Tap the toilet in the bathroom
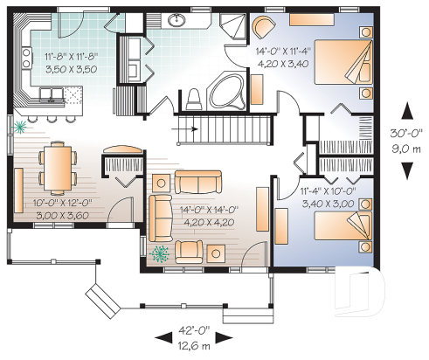pos(195,98)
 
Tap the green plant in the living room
pos(159,254)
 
